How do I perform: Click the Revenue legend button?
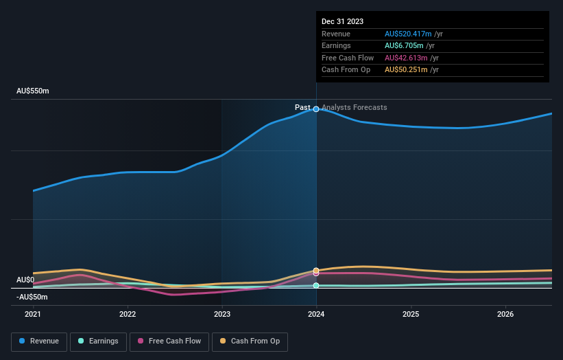[39, 341]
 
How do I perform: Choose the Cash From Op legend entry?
[250, 341]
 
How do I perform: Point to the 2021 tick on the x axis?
[33, 314]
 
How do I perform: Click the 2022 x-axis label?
[128, 314]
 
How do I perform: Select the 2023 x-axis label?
[221, 314]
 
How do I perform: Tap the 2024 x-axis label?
[316, 314]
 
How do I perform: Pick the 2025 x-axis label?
[411, 314]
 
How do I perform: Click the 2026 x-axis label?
[505, 314]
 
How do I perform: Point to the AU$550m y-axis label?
[33, 91]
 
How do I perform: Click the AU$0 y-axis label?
[25, 280]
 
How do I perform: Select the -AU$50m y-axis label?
[33, 297]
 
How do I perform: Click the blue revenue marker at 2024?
[316, 109]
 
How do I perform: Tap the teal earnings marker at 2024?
[316, 285]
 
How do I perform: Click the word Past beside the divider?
[302, 108]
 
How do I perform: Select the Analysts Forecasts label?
[354, 108]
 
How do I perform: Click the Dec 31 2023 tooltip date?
[342, 21]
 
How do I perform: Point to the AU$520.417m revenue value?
[409, 34]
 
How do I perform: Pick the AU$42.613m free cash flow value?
[406, 58]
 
